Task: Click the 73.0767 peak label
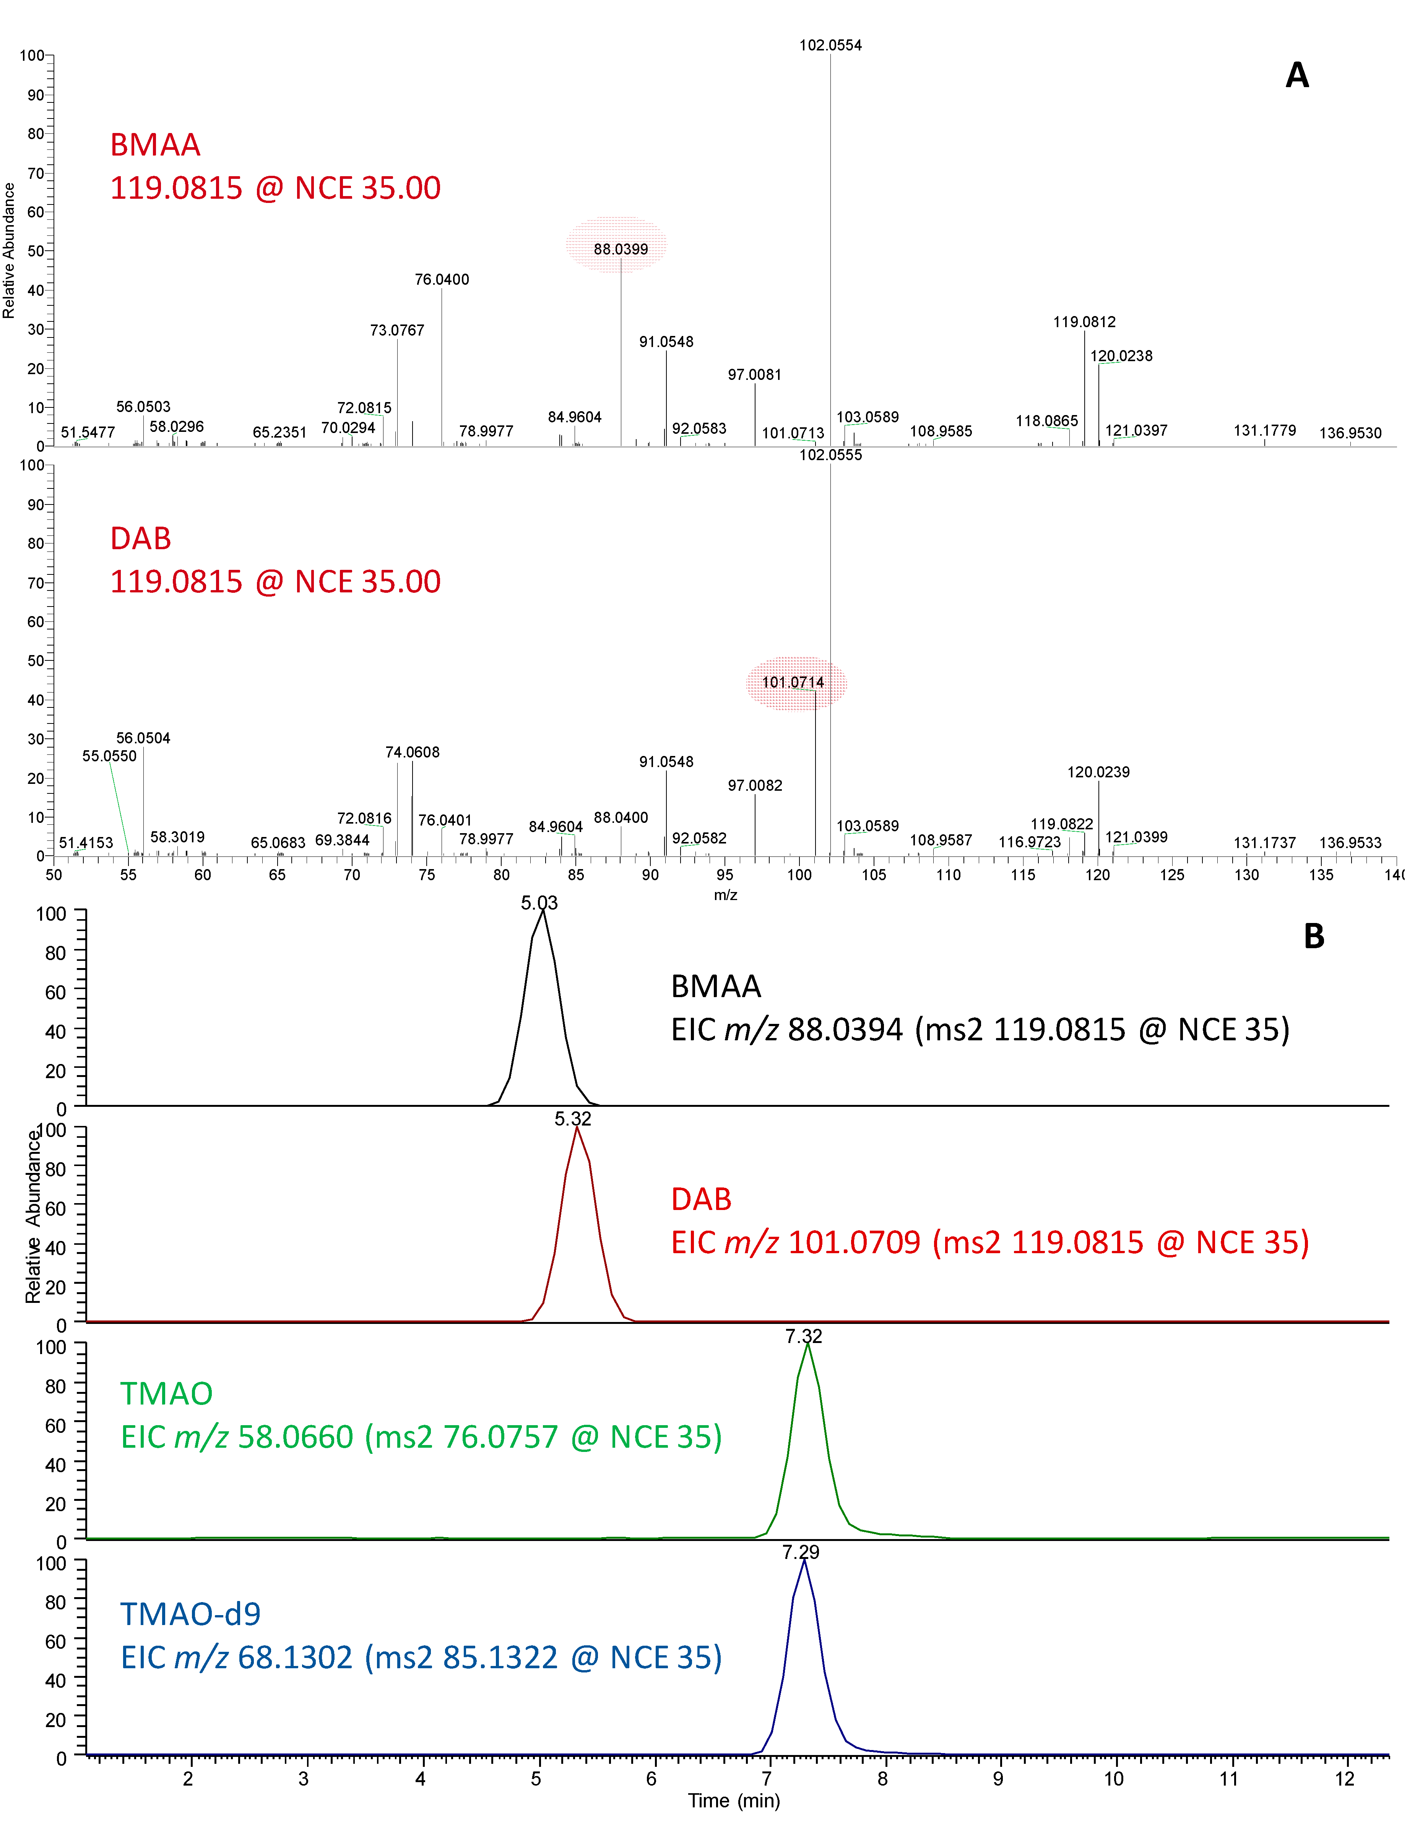(397, 331)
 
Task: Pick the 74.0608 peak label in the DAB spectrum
(412, 753)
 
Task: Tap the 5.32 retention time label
(573, 1119)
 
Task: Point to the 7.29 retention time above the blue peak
(801, 1552)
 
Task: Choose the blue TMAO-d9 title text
(190, 1614)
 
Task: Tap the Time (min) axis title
(733, 1800)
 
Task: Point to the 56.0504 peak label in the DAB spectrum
(143, 738)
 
